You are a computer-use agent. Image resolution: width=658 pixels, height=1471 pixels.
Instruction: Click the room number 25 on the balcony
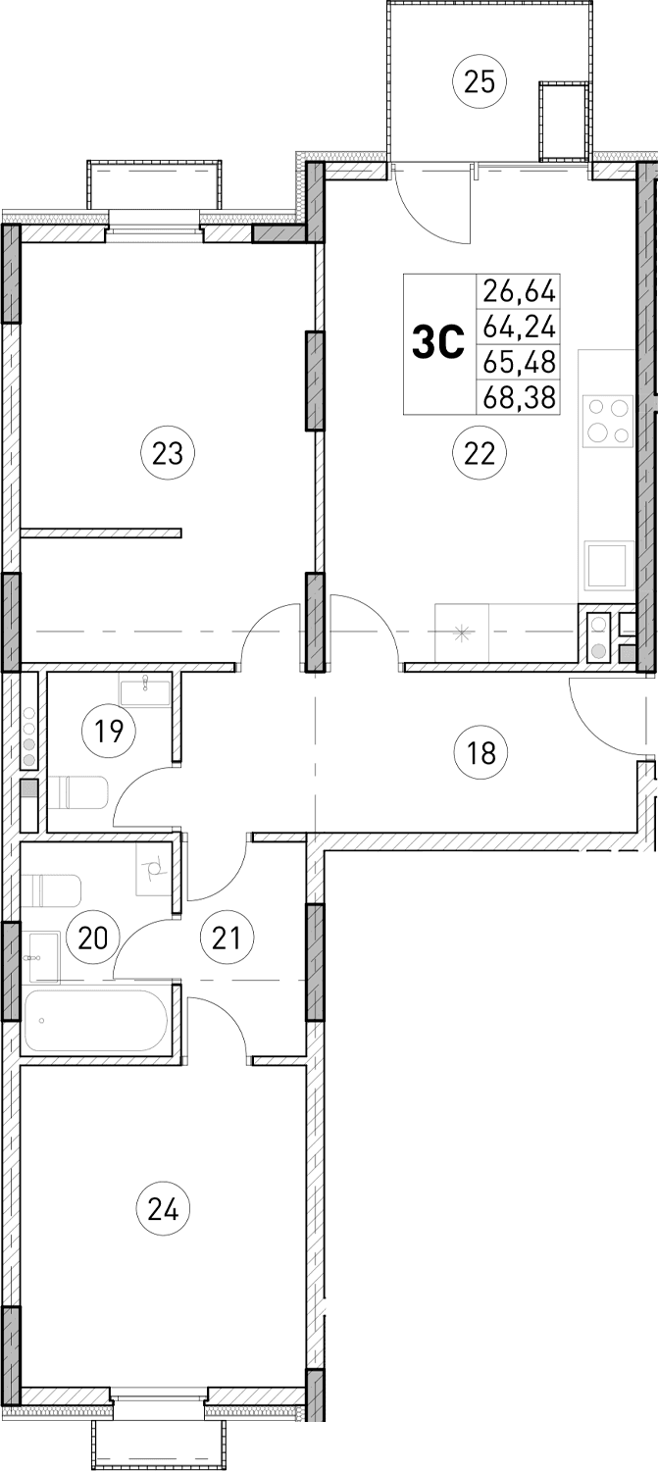coord(479,81)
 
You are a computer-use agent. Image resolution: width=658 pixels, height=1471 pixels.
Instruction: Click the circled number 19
coord(110,731)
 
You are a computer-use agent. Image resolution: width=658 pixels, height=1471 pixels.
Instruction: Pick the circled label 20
coord(92,938)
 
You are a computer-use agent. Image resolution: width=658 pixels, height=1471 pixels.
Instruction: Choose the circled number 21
coord(227,938)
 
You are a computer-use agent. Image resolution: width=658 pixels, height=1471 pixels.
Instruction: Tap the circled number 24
coord(164,1209)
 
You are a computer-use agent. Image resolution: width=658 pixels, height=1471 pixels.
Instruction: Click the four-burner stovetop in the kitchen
coord(607,421)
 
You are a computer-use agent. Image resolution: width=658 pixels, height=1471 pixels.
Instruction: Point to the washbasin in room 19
coord(145,688)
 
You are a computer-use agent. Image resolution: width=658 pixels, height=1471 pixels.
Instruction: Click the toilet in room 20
coord(54,890)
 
